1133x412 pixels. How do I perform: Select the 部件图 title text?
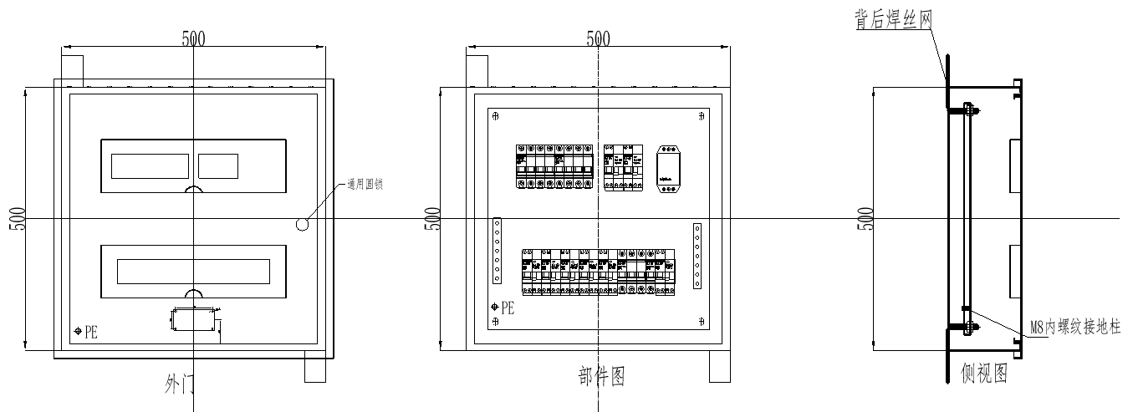[x=601, y=377]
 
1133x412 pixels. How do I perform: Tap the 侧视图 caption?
[x=984, y=374]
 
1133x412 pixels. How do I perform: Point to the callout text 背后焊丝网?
[x=892, y=21]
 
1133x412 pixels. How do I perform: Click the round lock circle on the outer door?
[x=302, y=224]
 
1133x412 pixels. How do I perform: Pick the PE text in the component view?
[x=508, y=308]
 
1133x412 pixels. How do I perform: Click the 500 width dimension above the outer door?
[x=194, y=38]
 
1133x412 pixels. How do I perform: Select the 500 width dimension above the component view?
[x=598, y=38]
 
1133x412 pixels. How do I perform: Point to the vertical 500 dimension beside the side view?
[x=865, y=218]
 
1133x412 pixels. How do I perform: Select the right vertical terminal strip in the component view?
[x=697, y=257]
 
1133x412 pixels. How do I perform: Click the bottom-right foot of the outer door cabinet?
[x=314, y=369]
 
